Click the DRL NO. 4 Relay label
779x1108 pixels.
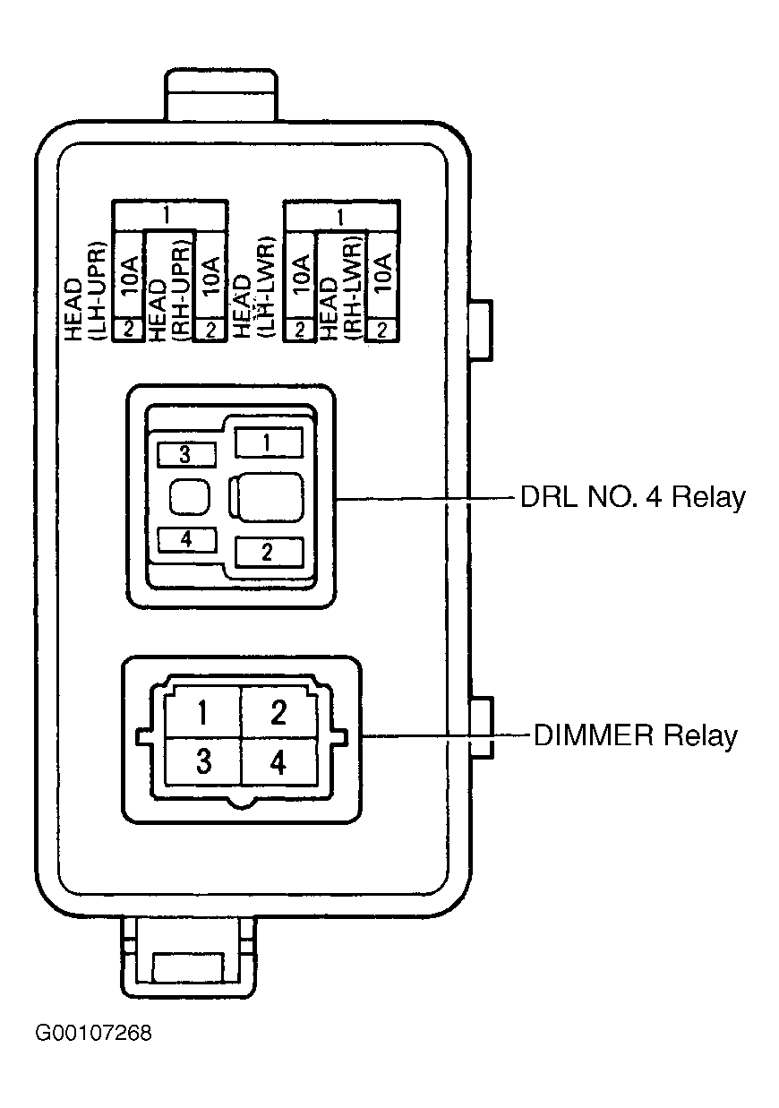tap(632, 497)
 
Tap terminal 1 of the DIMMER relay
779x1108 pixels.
tap(202, 714)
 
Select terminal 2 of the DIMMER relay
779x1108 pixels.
tap(279, 714)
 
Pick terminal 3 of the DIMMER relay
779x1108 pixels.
tap(202, 761)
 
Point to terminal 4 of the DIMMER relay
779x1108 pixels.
tap(279, 761)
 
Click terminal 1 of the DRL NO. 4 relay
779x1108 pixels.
tap(268, 442)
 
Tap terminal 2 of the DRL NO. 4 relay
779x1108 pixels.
tap(268, 552)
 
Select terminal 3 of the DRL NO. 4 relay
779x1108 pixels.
tap(186, 455)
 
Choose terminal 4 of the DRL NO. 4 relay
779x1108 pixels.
tap(186, 539)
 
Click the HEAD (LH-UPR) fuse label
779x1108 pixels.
tap(85, 291)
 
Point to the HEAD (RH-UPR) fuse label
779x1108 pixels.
tap(168, 291)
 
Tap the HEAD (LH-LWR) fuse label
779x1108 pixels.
tap(253, 291)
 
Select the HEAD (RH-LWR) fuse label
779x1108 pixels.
tap(341, 291)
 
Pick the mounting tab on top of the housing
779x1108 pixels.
tap(221, 96)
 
